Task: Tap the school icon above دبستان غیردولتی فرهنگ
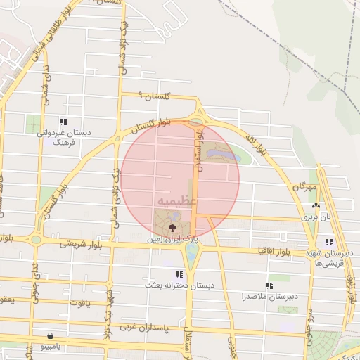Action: [x=64, y=122]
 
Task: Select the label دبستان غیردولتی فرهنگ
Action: [x=64, y=136]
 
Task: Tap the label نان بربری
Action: [x=316, y=217]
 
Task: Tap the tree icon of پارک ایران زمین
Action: [x=173, y=227]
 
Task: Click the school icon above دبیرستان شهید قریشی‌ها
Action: [x=329, y=243]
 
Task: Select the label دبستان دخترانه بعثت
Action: [x=179, y=285]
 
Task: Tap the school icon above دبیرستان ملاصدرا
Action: [x=269, y=285]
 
